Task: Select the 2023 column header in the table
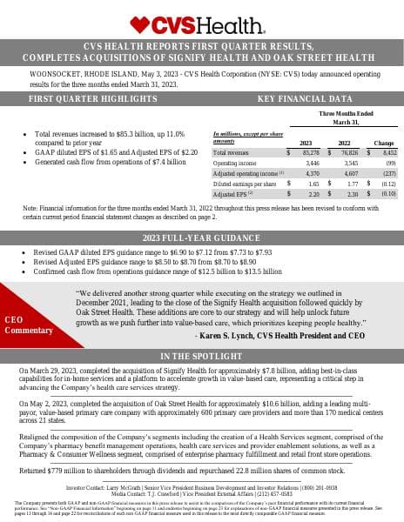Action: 306,142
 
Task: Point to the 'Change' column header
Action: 383,142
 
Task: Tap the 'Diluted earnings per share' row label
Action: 240,184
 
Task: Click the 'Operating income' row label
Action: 231,163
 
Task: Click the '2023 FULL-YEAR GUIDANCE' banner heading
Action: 202,238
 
